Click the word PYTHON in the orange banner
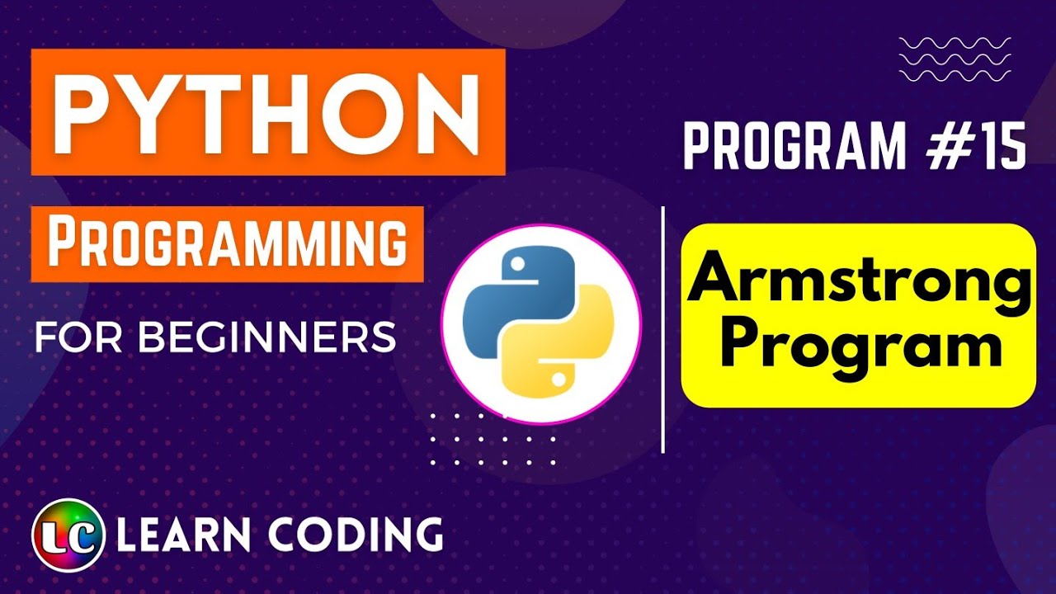(267, 113)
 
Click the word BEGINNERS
(266, 337)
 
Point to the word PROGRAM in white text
(794, 148)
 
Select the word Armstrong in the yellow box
(859, 280)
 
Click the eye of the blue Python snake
(518, 266)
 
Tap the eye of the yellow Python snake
(560, 380)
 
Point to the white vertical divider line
(663, 330)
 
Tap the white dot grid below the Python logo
(493, 439)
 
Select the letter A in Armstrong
(714, 280)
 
